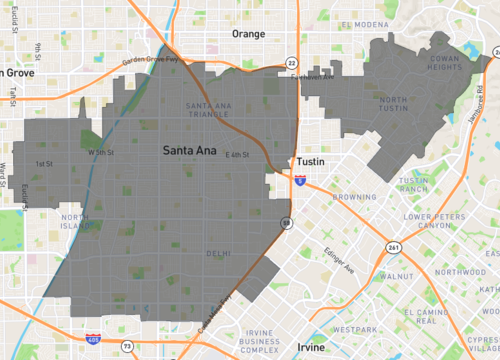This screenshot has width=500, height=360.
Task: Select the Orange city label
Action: pos(249,34)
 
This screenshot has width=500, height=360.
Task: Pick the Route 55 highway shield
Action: pos(286,222)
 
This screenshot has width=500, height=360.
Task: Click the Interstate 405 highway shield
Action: pos(92,340)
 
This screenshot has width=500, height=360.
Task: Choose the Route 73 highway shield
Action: pos(127,346)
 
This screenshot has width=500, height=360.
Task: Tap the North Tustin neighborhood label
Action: pos(405,110)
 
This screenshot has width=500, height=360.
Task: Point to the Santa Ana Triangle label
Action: pos(209,111)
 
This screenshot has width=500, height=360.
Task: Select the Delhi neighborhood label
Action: pos(218,254)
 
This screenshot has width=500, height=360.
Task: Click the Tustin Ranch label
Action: pos(413,184)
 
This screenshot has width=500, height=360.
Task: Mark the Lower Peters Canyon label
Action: pos(437,221)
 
